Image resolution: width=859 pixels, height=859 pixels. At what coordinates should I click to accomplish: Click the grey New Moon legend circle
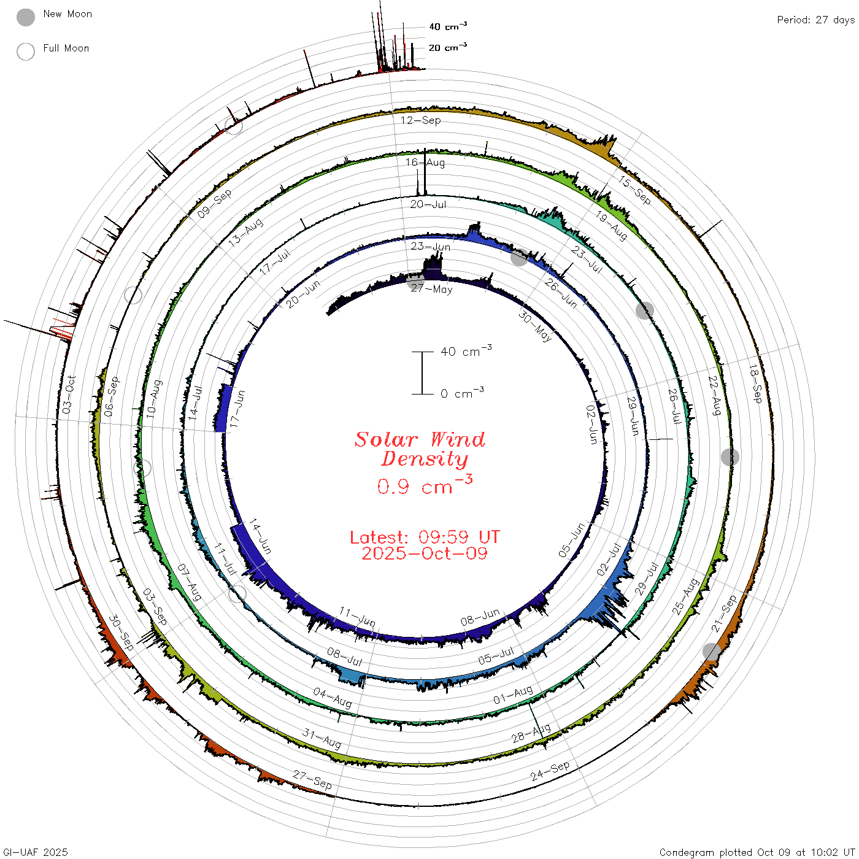25,17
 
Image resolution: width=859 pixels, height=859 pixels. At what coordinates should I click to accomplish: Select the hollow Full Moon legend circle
25,52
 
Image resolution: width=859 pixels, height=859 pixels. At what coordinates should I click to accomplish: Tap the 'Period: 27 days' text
816,20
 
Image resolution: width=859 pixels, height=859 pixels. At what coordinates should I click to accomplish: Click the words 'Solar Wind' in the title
420,439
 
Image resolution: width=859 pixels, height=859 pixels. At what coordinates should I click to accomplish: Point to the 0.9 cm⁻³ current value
425,485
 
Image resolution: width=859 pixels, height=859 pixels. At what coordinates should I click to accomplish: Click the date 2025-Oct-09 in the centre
425,554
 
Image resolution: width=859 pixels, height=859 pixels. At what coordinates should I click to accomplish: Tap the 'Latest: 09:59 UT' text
425,537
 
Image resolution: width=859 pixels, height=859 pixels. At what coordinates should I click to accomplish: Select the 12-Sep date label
420,120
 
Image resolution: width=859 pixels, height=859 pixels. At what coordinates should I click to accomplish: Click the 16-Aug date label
425,162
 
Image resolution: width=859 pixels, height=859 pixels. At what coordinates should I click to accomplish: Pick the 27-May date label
431,289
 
